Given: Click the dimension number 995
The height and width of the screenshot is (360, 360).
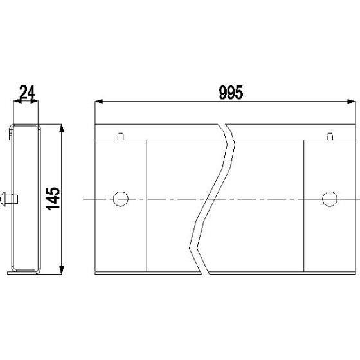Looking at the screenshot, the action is (231, 93).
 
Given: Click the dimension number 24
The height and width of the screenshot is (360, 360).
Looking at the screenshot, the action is (27, 92).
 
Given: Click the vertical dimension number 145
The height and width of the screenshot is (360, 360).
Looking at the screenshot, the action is (53, 199).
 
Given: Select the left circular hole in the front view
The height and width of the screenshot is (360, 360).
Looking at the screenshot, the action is (121, 199).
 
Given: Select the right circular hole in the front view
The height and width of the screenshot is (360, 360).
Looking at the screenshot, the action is (330, 199).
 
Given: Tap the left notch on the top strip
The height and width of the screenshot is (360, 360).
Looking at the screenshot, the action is (121, 136).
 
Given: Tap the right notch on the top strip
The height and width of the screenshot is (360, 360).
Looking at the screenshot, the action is (330, 136).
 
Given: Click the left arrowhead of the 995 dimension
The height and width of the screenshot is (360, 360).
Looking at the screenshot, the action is (99, 102).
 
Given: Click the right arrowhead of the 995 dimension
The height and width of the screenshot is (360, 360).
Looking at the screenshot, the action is (352, 102).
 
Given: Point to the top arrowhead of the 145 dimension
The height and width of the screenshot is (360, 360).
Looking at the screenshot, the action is (61, 128).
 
